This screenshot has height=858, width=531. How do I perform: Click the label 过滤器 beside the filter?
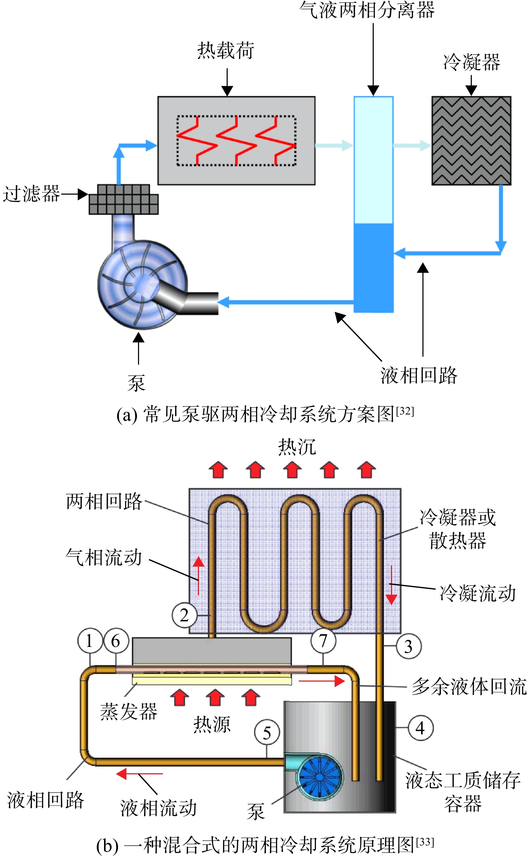pos(31,194)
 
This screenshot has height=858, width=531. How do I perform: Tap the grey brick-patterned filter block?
pos(124,199)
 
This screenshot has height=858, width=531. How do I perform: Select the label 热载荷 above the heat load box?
pos(226,50)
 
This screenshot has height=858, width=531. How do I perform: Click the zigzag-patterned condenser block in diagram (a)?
pos(471,141)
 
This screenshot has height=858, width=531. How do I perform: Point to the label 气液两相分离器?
pos(367,10)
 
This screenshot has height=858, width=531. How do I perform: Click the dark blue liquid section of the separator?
pos(373,268)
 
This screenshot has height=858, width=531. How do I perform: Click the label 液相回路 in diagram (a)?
pos(419,376)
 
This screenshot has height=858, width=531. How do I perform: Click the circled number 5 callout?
pos(267,733)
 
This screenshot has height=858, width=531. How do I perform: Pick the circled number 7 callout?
pos(323,640)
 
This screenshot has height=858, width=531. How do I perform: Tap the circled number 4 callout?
pos(420,728)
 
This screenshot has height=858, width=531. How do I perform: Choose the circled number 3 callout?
pos(409,647)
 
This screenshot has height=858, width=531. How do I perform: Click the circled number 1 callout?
pos(90,640)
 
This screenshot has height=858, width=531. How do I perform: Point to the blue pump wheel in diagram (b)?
pos(319,777)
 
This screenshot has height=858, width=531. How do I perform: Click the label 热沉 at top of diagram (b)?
pos(297,447)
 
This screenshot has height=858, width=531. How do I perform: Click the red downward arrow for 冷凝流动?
pos(392,585)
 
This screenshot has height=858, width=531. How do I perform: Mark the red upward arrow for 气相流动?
pos(199,576)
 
